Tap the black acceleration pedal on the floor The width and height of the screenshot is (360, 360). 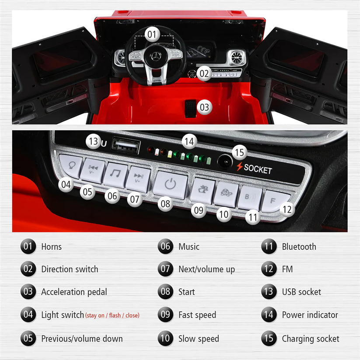coord(190,108)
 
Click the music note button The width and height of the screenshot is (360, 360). coord(115,175)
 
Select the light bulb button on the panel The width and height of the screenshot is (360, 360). coord(70,166)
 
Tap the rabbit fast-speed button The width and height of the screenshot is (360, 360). coord(203,191)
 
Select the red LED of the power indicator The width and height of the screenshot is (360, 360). coord(150,150)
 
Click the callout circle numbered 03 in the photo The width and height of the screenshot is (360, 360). coord(204,107)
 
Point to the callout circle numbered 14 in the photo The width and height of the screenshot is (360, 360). coord(189,141)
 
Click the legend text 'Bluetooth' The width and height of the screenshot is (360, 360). coord(299,247)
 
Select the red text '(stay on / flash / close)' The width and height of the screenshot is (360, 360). coord(112,315)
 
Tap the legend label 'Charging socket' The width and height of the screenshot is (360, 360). coord(311,339)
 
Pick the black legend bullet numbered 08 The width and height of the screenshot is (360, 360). coord(165,292)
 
